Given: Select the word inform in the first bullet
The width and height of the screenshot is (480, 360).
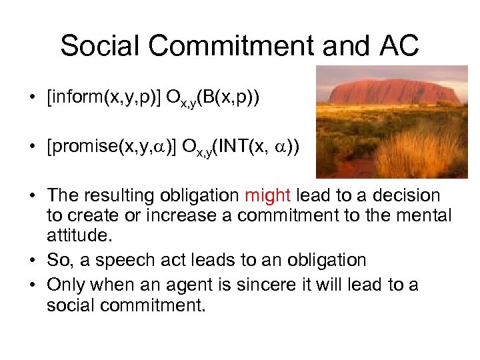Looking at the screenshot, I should tap(73, 98).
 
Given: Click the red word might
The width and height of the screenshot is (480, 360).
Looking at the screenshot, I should tap(267, 196).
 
